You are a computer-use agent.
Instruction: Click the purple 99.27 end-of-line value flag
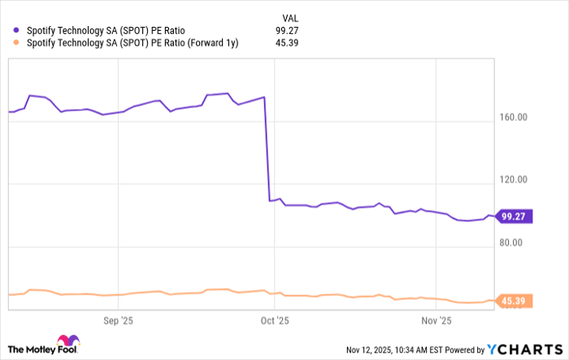pos(515,217)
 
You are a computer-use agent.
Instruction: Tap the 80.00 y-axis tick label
pos(513,242)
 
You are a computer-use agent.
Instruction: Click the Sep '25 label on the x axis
pos(119,320)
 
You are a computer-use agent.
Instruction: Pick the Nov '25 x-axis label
pos(437,320)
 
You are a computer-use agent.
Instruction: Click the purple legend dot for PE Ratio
pos(16,31)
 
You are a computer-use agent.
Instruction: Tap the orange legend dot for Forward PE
pos(16,44)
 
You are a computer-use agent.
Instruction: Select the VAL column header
pos(289,15)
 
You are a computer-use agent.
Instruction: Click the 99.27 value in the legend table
pos(288,31)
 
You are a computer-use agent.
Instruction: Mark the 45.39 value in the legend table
pos(288,44)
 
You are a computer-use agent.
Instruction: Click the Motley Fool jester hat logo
pos(68,341)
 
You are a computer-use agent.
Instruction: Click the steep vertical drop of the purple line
pos(267,150)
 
